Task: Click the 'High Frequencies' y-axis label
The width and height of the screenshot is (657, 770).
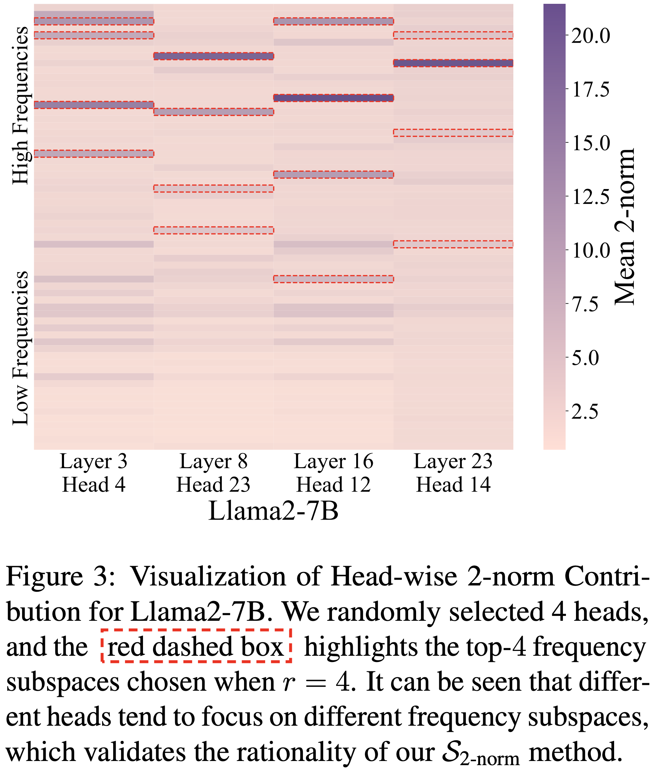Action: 20,106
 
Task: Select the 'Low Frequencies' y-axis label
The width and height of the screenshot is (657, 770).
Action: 20,348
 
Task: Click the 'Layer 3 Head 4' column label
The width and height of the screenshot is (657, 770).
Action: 94,473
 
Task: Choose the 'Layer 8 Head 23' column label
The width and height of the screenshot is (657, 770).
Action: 213,473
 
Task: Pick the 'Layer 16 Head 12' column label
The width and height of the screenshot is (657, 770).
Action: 333,473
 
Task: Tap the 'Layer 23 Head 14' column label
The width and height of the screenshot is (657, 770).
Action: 453,473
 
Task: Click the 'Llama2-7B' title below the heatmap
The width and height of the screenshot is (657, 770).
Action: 273,511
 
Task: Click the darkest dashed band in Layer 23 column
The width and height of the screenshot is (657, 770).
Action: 453,63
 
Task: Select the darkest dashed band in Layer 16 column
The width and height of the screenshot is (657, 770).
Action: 333,98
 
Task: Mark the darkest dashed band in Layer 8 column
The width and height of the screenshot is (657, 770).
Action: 214,56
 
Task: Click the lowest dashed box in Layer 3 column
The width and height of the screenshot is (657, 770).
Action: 94,153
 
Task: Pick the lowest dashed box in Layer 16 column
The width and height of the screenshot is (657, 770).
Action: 333,279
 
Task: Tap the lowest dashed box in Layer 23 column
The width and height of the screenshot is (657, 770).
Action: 453,244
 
